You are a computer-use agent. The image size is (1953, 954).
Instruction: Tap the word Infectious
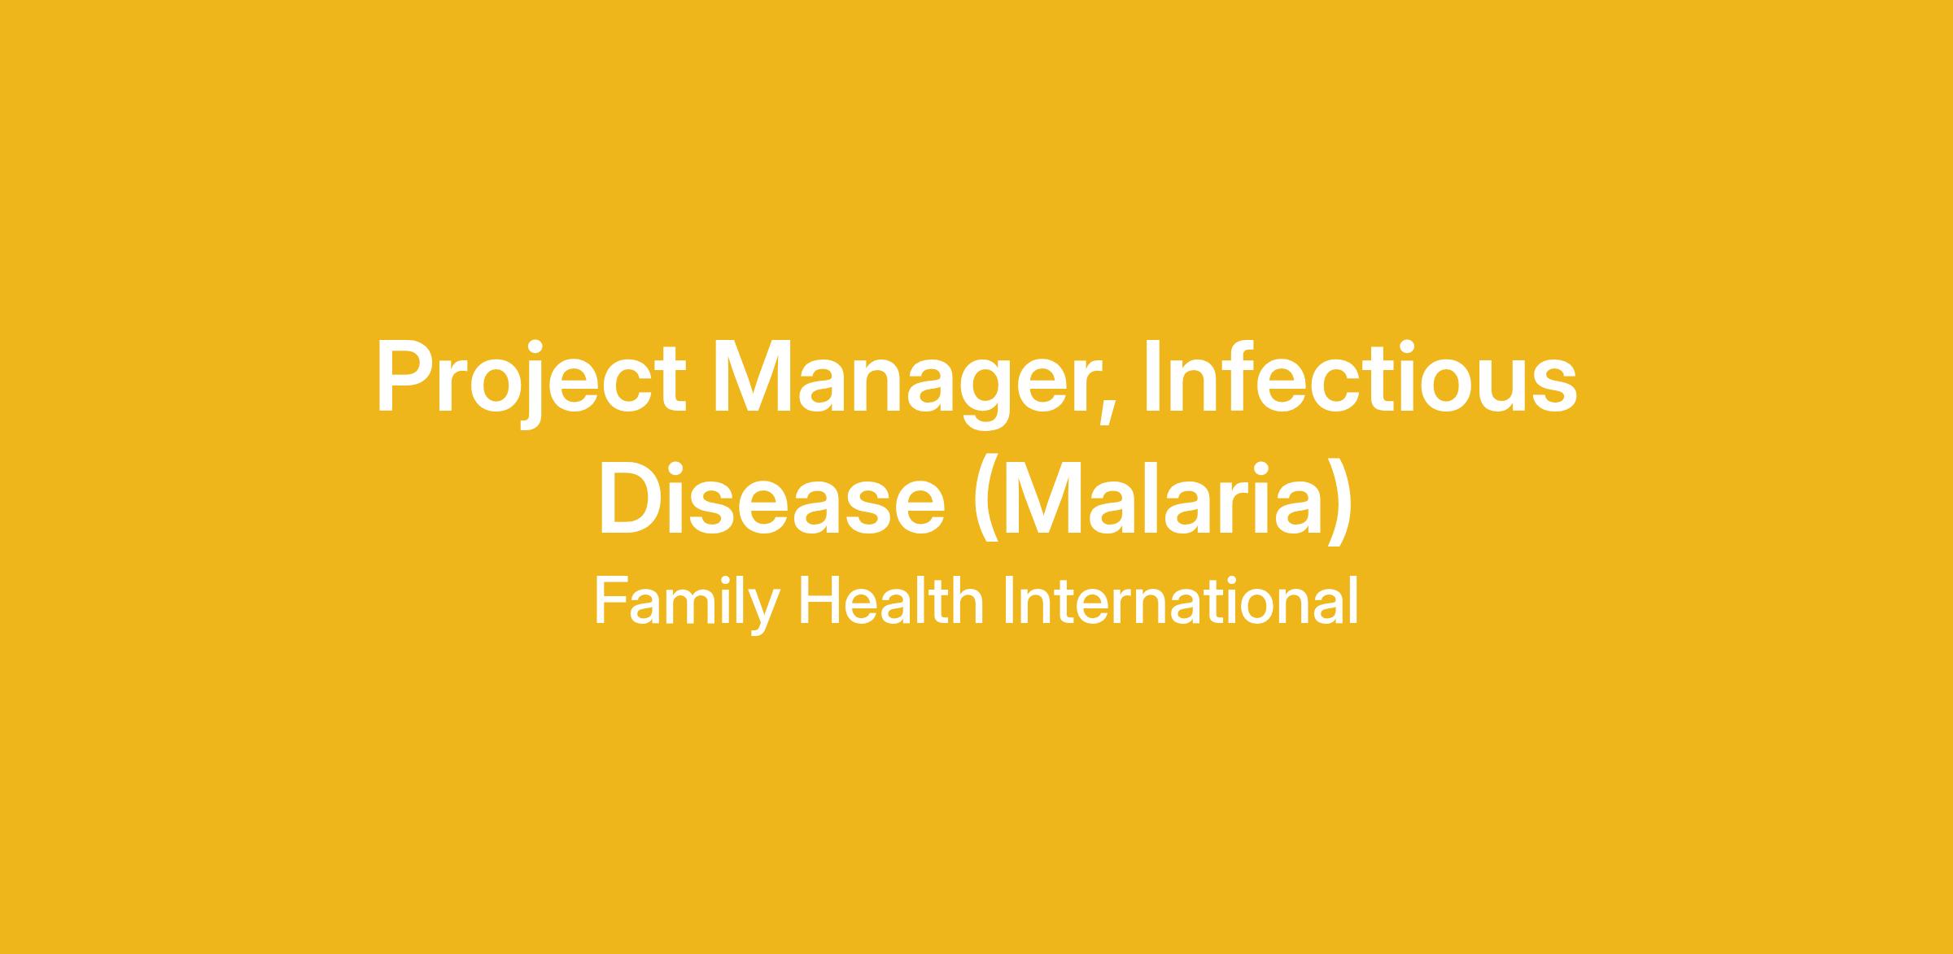pyautogui.click(x=1361, y=375)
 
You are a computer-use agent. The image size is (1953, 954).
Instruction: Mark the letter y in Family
pyautogui.click(x=764, y=612)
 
